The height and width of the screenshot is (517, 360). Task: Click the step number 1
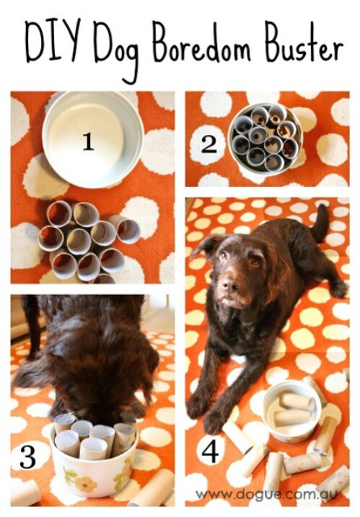[88, 142]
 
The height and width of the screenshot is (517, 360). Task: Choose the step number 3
[27, 456]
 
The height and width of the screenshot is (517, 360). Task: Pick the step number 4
[210, 451]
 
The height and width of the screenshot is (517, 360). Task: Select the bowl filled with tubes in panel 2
[265, 137]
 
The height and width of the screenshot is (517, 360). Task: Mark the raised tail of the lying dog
[318, 223]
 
